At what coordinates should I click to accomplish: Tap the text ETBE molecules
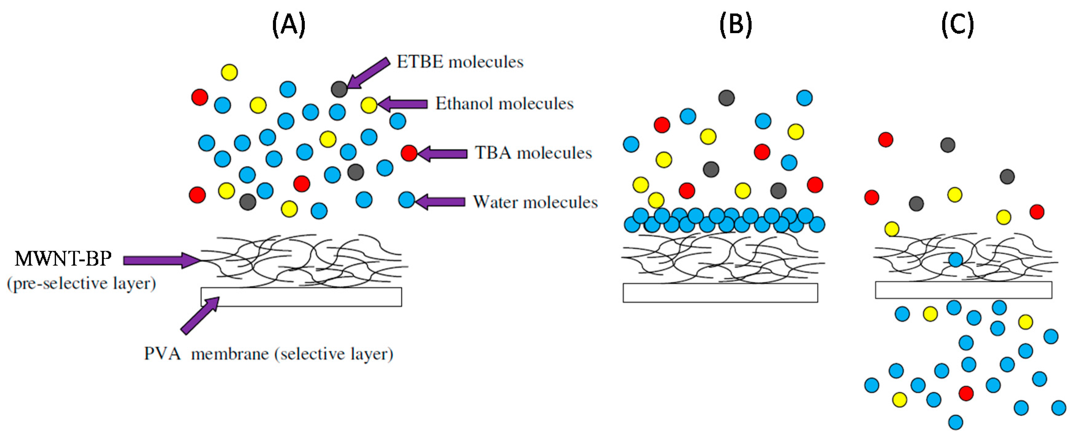click(460, 62)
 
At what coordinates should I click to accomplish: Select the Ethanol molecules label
click(504, 104)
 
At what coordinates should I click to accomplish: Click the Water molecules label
click(535, 202)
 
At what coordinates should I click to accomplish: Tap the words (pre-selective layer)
click(81, 284)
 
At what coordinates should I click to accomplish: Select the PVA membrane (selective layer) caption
click(268, 354)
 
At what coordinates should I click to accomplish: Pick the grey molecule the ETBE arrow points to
click(339, 89)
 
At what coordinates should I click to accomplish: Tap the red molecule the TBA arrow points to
click(409, 153)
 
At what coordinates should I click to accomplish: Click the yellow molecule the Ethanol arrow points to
click(369, 105)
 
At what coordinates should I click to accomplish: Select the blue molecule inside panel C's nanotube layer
click(956, 260)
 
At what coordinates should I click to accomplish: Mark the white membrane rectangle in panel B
click(720, 293)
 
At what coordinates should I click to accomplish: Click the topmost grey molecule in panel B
click(727, 98)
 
